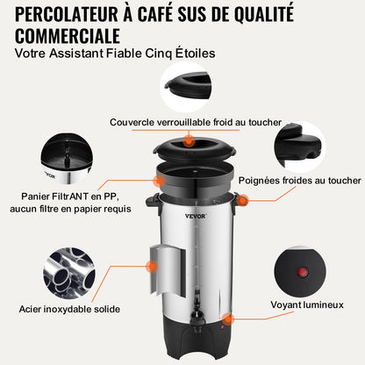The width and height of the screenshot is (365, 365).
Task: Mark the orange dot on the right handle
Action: click(242, 202)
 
